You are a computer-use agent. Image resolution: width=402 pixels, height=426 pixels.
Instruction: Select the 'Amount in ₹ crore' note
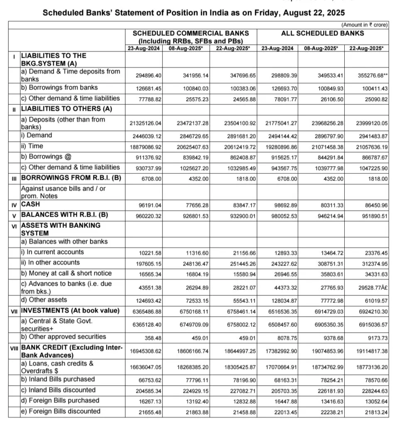pyautogui.click(x=364, y=25)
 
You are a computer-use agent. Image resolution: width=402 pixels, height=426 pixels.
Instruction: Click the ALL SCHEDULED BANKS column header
pyautogui.click(x=322, y=33)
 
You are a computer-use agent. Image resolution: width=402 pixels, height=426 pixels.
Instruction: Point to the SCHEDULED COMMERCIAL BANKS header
pyautogui.click(x=191, y=33)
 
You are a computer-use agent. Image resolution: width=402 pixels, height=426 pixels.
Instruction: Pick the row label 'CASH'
pyautogui.click(x=31, y=205)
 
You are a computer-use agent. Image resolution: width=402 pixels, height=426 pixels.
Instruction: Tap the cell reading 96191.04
pyautogui.click(x=151, y=205)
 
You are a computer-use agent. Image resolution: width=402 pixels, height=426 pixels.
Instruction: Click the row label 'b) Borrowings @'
pyautogui.click(x=46, y=157)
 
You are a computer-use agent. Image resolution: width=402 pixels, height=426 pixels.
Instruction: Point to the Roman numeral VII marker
pyautogui.click(x=14, y=311)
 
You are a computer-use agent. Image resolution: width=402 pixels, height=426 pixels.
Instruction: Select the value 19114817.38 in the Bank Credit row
pyautogui.click(x=368, y=351)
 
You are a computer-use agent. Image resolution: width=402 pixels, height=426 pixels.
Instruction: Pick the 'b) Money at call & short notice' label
pyautogui.click(x=66, y=273)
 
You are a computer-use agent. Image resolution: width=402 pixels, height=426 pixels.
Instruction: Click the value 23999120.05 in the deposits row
pyautogui.click(x=368, y=123)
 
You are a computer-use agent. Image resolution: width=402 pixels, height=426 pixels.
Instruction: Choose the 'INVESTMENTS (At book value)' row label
pyautogui.click(x=70, y=310)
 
